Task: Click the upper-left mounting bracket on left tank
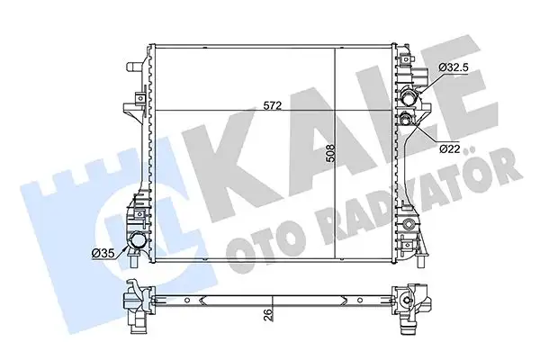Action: tap(135, 103)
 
